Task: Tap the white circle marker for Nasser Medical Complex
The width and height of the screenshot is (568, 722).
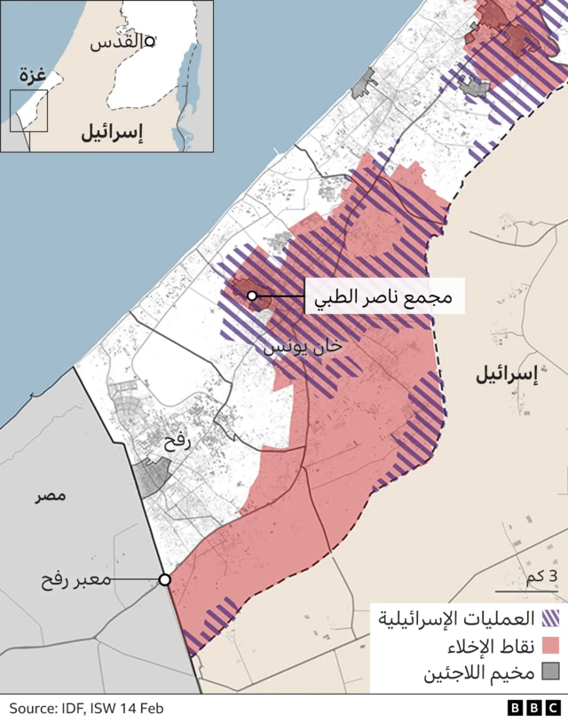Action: [x=252, y=296]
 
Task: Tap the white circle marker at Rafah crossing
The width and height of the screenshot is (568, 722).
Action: [x=164, y=580]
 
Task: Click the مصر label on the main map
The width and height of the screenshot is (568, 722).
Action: [x=51, y=495]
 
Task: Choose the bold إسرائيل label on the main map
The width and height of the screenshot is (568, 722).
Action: [x=507, y=375]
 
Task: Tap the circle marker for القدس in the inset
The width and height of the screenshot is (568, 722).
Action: [x=150, y=40]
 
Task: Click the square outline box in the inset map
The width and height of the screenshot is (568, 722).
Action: [x=28, y=111]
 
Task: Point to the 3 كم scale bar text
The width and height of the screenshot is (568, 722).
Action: [x=540, y=577]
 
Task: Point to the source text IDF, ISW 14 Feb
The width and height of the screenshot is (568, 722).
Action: [x=86, y=708]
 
